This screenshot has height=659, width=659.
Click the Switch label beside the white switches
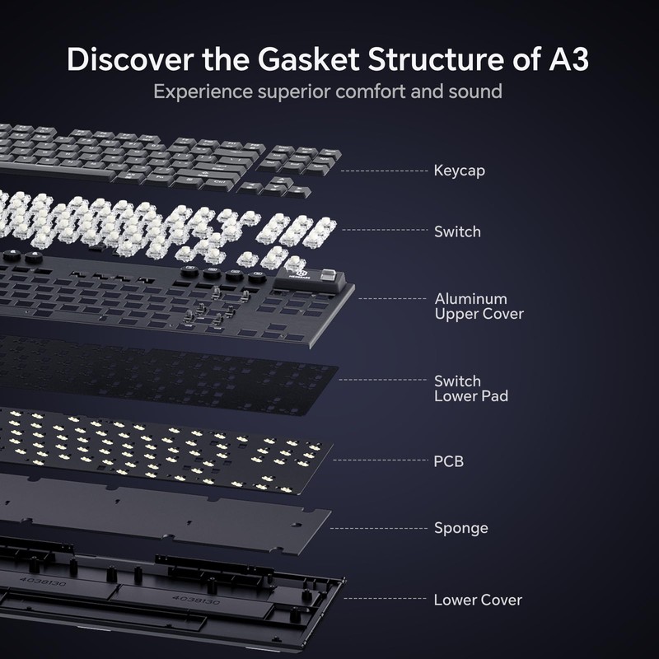pyautogui.click(x=457, y=231)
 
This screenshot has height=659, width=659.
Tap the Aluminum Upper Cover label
pyautogui.click(x=479, y=306)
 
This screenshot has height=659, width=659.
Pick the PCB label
pyautogui.click(x=449, y=461)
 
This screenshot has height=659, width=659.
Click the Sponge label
pyautogui.click(x=461, y=527)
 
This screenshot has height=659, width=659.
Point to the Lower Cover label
pyautogui.click(x=478, y=600)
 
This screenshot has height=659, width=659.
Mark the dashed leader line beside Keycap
pyautogui.click(x=383, y=171)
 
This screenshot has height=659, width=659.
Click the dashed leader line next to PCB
pyautogui.click(x=383, y=461)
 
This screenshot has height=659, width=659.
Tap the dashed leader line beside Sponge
pyautogui.click(x=383, y=527)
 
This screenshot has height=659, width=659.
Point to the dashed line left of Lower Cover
pyautogui.click(x=383, y=600)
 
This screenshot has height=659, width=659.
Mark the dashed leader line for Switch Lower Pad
pyautogui.click(x=383, y=381)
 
